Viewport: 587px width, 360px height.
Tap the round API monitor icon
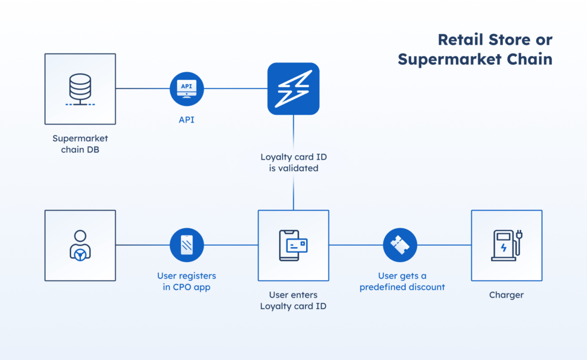tap(187, 88)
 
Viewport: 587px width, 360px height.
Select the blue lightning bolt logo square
tap(293, 88)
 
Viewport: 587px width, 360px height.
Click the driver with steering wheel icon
tap(80, 245)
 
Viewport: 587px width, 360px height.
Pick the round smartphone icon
tap(187, 245)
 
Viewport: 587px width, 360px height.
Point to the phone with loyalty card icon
tap(293, 245)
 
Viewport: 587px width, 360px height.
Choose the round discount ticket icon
tap(400, 245)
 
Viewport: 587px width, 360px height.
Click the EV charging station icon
tap(506, 245)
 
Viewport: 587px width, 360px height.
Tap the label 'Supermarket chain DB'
tap(80, 144)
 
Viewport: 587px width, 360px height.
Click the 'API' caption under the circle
tap(187, 120)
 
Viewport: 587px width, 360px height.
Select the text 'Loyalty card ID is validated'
tap(293, 163)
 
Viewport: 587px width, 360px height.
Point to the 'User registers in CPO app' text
tap(187, 281)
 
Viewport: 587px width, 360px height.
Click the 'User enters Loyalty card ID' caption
tap(293, 300)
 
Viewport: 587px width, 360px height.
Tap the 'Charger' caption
tap(506, 295)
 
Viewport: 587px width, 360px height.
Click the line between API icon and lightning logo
tap(236, 88)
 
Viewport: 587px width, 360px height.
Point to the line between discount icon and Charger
tap(444, 245)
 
